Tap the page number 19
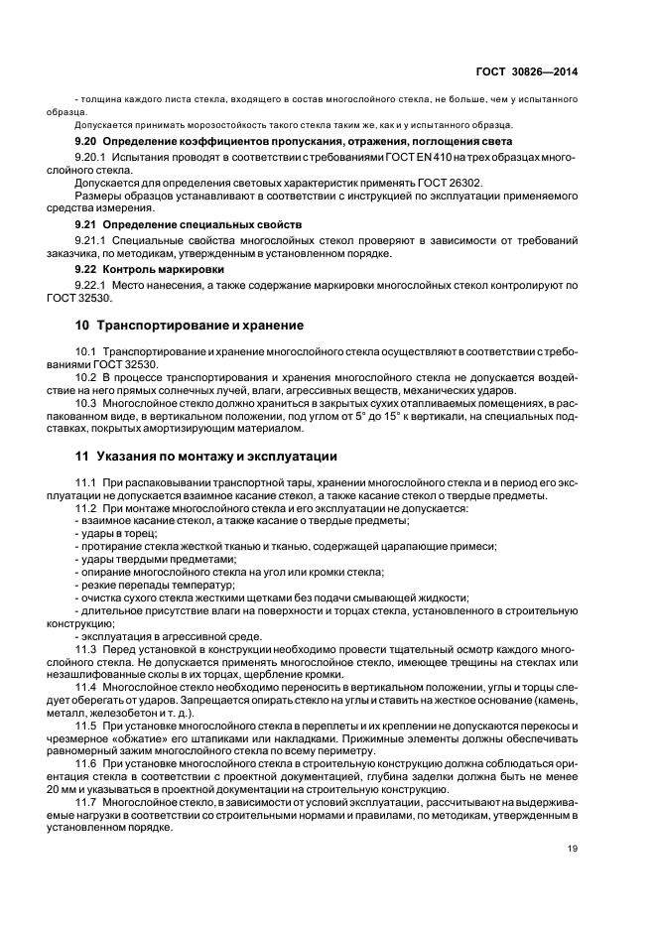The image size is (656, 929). (x=573, y=848)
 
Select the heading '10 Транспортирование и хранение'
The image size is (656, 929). (x=190, y=326)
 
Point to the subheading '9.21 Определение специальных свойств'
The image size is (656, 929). (x=189, y=225)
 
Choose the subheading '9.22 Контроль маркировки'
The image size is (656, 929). (x=150, y=269)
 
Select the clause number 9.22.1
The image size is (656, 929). (x=92, y=285)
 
